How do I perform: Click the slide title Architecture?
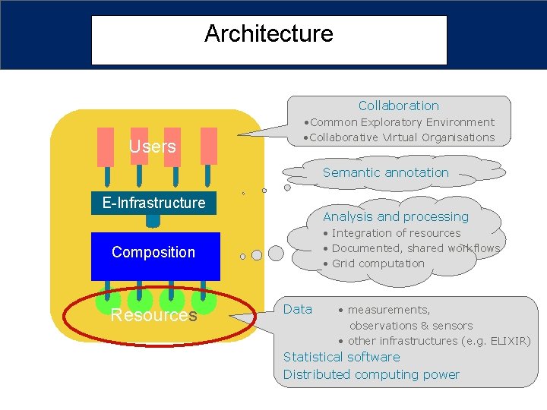pyautogui.click(x=269, y=34)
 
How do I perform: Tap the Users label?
pyautogui.click(x=152, y=147)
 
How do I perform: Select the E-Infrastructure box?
pyautogui.click(x=153, y=203)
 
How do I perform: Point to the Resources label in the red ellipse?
pyautogui.click(x=153, y=315)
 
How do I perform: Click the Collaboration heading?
pyautogui.click(x=398, y=106)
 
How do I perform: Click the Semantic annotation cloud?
pyautogui.click(x=386, y=172)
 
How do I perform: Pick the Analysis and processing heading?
pyautogui.click(x=396, y=217)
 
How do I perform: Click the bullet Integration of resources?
pyautogui.click(x=396, y=233)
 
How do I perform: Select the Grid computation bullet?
pyautogui.click(x=378, y=263)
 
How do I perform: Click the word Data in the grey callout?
pyautogui.click(x=297, y=309)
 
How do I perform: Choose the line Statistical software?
pyautogui.click(x=341, y=357)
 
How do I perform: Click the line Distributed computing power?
pyautogui.click(x=371, y=374)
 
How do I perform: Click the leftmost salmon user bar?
pyautogui.click(x=104, y=147)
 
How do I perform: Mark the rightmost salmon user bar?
pyautogui.click(x=207, y=147)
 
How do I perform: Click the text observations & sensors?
pyautogui.click(x=410, y=326)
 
